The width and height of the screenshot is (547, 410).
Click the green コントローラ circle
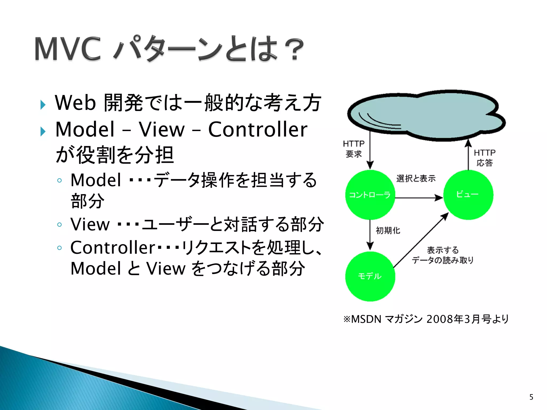[x=370, y=195]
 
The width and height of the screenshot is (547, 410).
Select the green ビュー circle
[x=468, y=195]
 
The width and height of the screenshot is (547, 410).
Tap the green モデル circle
[x=370, y=276]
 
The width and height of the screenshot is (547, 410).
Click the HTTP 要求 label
[x=354, y=149]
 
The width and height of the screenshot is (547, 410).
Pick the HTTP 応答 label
[x=485, y=158]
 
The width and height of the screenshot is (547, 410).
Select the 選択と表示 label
[x=416, y=178]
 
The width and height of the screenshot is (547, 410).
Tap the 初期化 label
[x=388, y=230]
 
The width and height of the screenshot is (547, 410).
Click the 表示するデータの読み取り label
[x=443, y=255]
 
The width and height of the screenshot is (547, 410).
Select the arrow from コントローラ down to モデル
[x=370, y=235]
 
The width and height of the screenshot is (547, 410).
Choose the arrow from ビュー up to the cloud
[x=468, y=155]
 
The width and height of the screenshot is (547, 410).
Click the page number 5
[x=531, y=397]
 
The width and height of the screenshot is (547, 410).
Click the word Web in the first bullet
[x=75, y=103]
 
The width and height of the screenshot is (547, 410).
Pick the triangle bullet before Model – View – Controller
[x=43, y=131]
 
